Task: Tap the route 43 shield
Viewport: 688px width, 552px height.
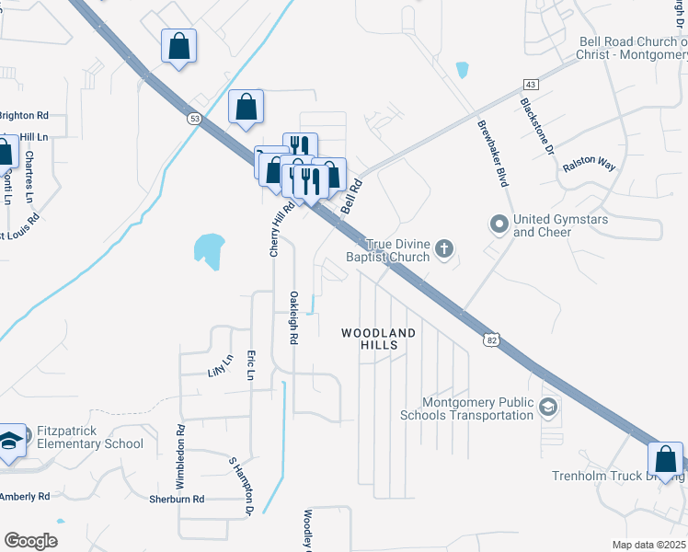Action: [x=532, y=84]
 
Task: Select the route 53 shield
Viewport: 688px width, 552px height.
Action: [x=193, y=119]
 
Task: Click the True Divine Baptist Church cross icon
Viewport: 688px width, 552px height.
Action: [x=444, y=248]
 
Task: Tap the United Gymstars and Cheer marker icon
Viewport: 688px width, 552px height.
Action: [x=499, y=224]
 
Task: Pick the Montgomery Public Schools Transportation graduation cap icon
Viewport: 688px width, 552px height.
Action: [x=548, y=406]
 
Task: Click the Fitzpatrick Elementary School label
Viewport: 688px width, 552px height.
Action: [x=90, y=437]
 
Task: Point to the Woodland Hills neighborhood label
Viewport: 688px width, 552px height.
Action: [x=379, y=339]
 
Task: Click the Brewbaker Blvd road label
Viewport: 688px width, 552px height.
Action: [x=492, y=153]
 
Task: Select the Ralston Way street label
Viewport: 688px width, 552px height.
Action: [x=591, y=165]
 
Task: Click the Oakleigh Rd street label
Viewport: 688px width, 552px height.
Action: [x=293, y=318]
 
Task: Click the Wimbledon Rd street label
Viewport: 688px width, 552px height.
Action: [x=181, y=456]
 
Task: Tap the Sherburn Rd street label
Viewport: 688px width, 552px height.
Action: [x=176, y=499]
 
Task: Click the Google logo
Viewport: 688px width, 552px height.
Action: [x=30, y=541]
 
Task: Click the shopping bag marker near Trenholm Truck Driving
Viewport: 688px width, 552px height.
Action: [x=665, y=459]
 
